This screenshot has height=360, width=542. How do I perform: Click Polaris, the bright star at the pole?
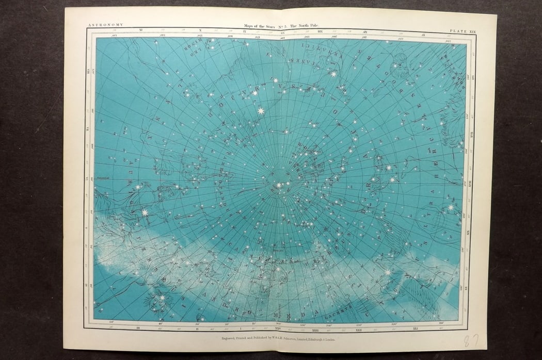(279, 185)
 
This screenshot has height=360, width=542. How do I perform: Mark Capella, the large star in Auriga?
(145, 212)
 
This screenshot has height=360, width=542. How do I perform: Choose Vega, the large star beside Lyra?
(450, 207)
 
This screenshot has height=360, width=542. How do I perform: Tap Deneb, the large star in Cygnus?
(387, 272)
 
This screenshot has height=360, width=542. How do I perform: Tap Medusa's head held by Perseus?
(157, 301)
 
